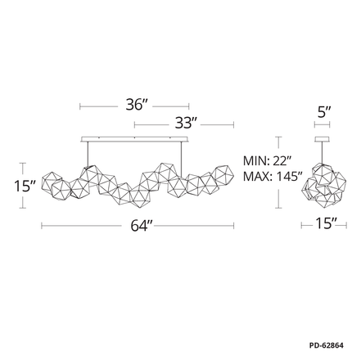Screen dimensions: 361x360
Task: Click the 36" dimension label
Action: click(137, 105)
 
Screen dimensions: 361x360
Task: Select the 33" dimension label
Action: click(186, 123)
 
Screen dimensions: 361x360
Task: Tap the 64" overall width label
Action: click(142, 226)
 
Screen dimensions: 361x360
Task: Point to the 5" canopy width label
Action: click(324, 112)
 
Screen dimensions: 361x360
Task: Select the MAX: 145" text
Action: click(273, 177)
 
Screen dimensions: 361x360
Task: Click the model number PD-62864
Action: click(327, 345)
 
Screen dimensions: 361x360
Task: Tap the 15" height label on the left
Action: click(25, 187)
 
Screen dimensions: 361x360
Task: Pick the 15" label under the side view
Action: click(326, 223)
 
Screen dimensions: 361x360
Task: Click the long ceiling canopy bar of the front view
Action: click(135, 139)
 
